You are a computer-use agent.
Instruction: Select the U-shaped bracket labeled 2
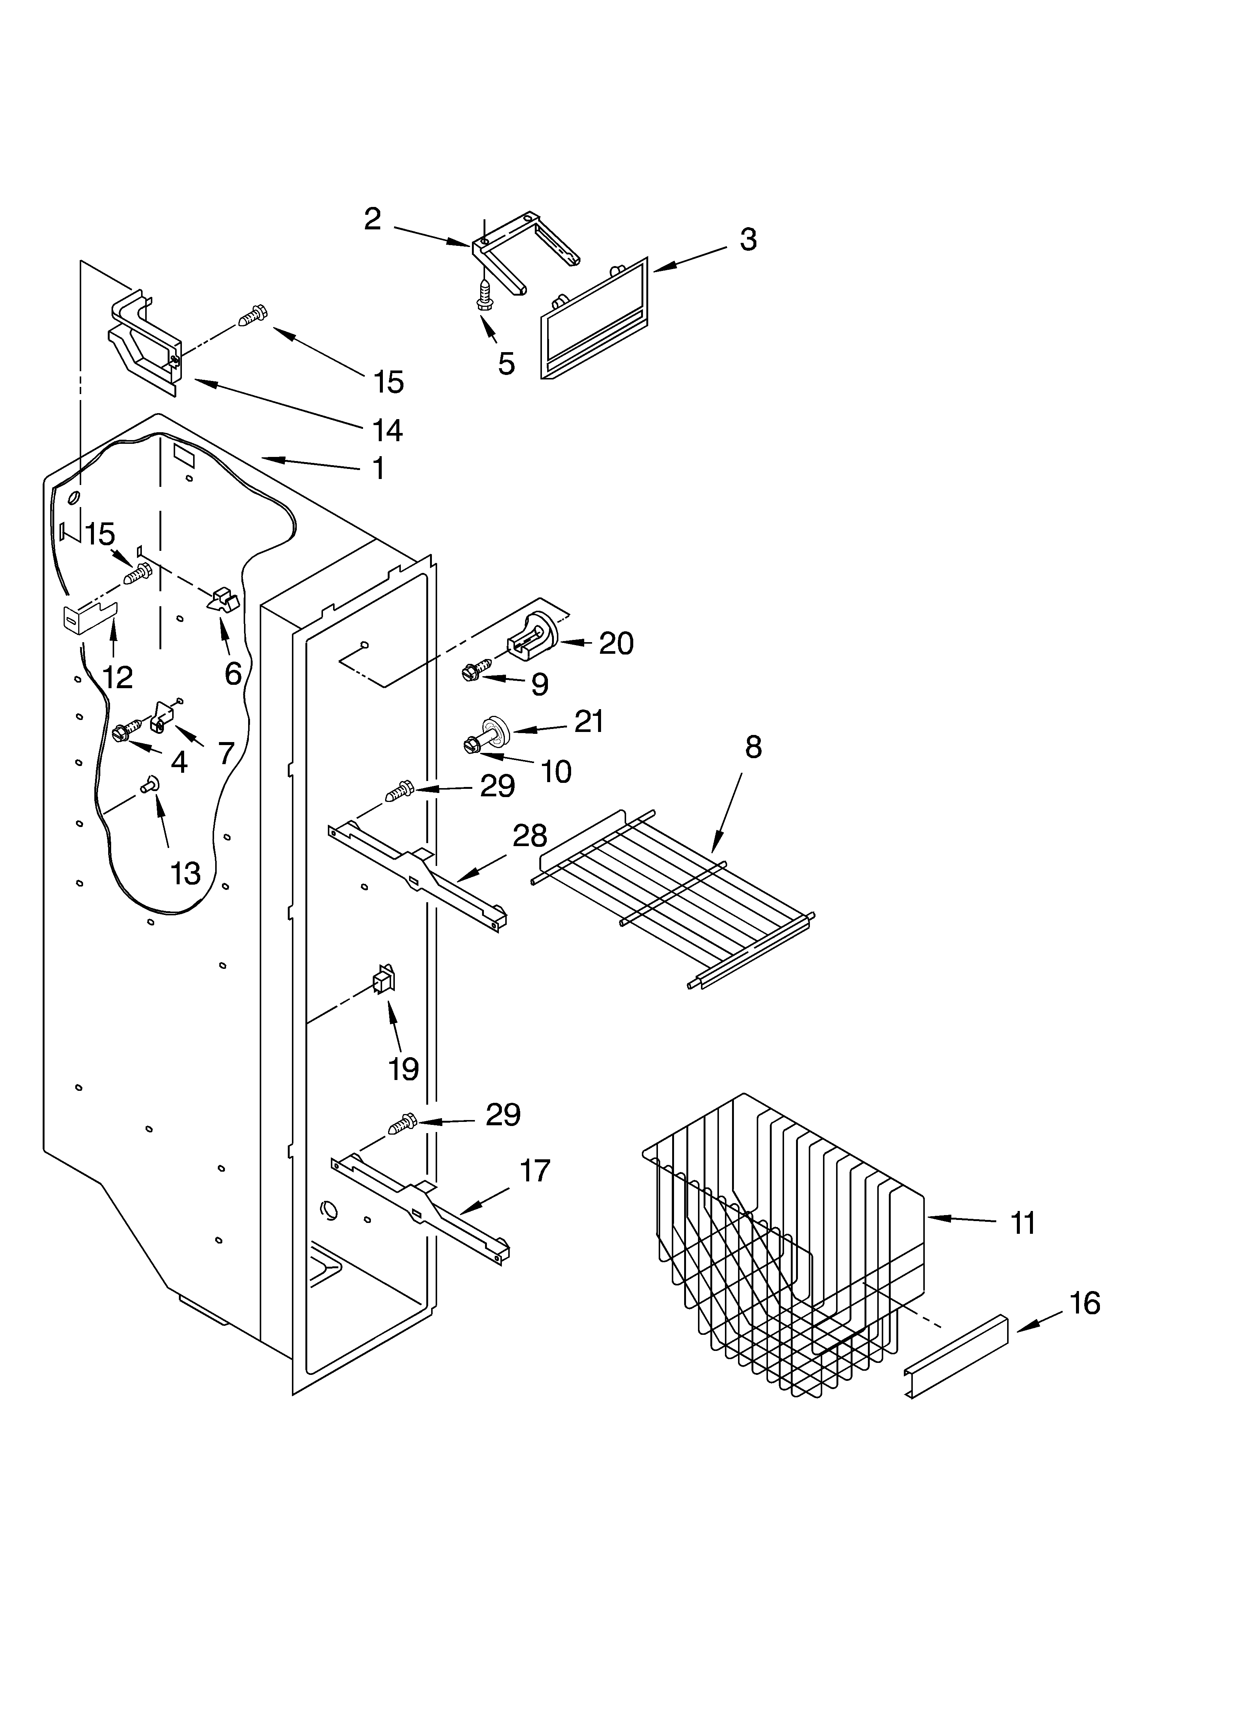(x=527, y=248)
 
